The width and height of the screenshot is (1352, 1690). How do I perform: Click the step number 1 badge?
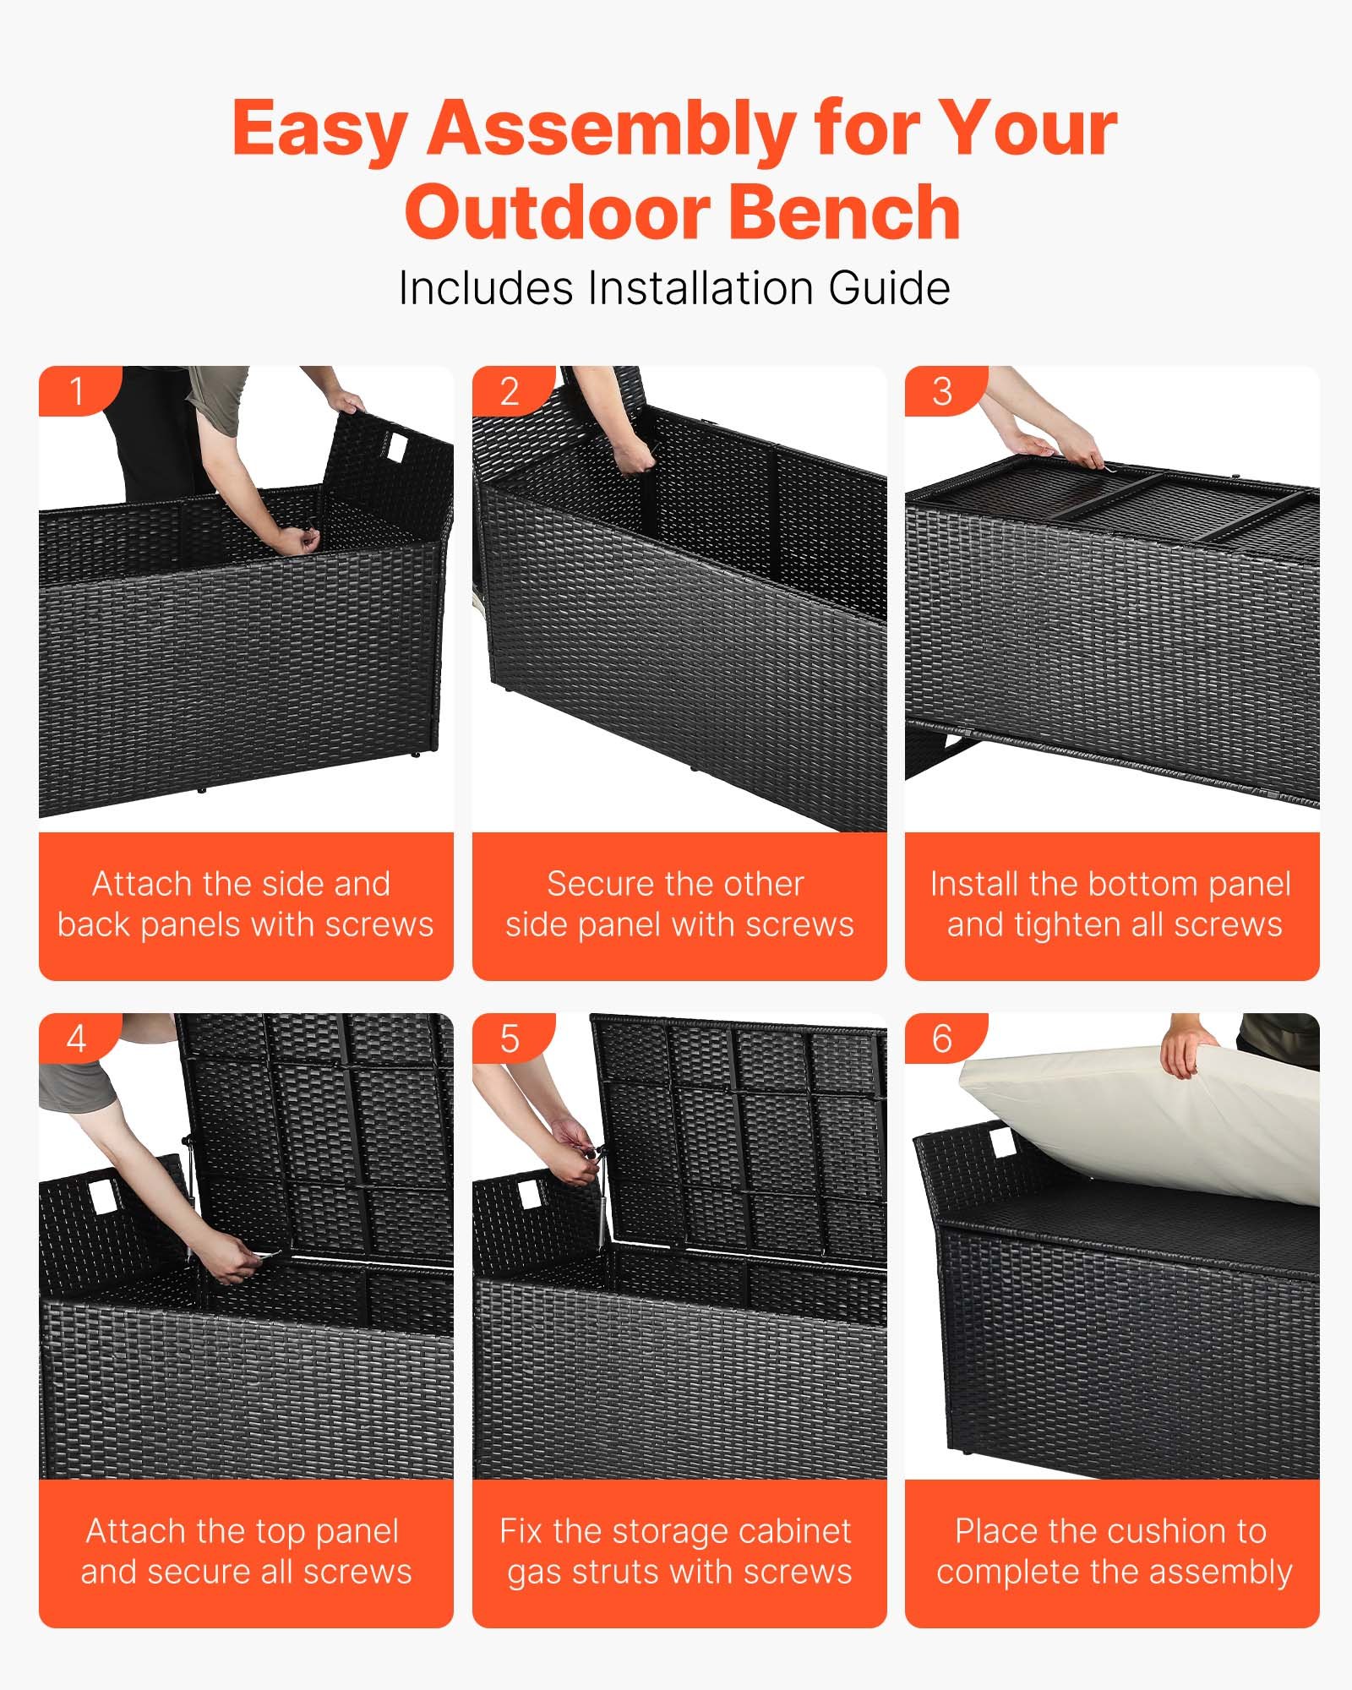click(x=77, y=391)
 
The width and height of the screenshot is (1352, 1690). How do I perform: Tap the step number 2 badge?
click(x=510, y=391)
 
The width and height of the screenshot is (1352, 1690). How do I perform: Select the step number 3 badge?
click(x=942, y=391)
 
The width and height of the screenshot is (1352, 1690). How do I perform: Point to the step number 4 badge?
click(x=77, y=1039)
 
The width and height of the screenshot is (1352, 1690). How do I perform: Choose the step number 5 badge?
click(x=510, y=1039)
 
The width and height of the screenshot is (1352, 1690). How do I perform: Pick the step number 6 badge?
click(x=942, y=1039)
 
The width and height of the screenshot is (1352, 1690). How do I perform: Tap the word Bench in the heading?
click(x=844, y=213)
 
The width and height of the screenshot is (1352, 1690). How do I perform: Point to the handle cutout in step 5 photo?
click(x=530, y=1195)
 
